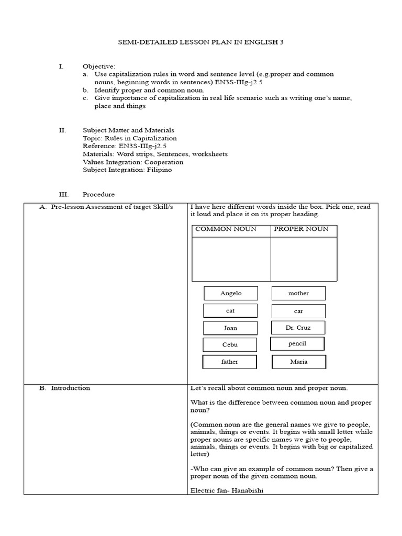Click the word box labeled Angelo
[231, 293]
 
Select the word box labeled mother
[298, 293]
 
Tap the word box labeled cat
[230, 310]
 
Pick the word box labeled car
[298, 311]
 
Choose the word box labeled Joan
[230, 328]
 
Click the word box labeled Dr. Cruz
[298, 328]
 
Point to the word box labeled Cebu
[230, 344]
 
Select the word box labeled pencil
[297, 344]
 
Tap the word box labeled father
[230, 362]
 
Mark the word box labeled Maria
[299, 362]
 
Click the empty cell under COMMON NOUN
[231, 259]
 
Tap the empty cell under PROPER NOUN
[304, 259]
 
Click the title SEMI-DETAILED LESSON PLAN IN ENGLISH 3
[201, 42]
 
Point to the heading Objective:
[98, 66]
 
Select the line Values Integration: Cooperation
[133, 162]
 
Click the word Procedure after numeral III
[98, 194]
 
